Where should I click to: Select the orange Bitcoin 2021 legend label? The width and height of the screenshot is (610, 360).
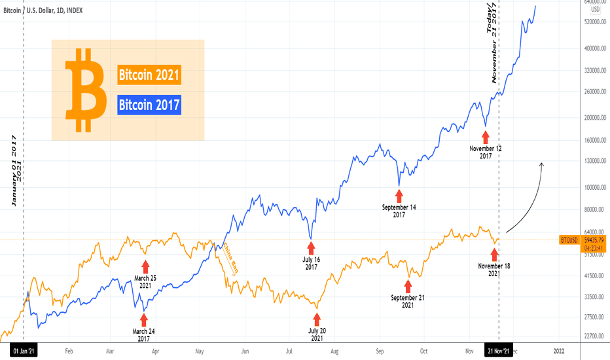pyautogui.click(x=149, y=75)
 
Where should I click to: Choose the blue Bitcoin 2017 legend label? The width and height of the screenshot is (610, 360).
pyautogui.click(x=149, y=105)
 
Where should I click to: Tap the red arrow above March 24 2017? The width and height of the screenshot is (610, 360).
pyautogui.click(x=144, y=321)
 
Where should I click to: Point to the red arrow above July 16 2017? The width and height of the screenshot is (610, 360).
pyautogui.click(x=311, y=247)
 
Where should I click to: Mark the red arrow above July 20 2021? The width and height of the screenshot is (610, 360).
pyautogui.click(x=317, y=319)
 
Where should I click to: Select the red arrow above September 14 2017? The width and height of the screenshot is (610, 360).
pyautogui.click(x=399, y=195)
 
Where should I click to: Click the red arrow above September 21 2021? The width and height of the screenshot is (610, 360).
pyautogui.click(x=408, y=285)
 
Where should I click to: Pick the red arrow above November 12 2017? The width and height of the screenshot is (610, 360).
pyautogui.click(x=485, y=136)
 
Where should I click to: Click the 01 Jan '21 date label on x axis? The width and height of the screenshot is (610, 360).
pyautogui.click(x=24, y=351)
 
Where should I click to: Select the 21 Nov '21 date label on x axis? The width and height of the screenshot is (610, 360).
pyautogui.click(x=499, y=351)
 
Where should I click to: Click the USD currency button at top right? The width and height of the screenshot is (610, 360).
pyautogui.click(x=596, y=9)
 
